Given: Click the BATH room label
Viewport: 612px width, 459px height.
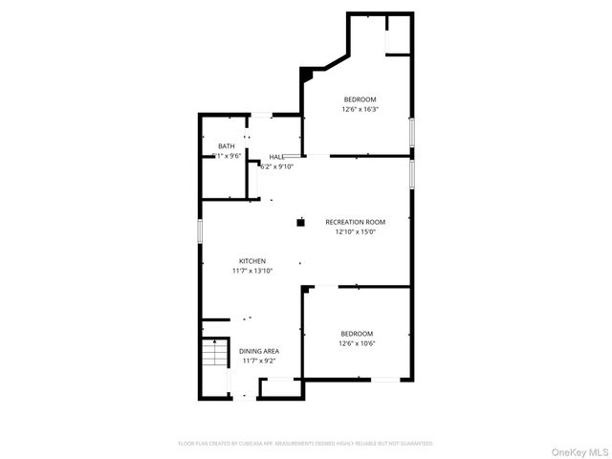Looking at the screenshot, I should coord(226,146).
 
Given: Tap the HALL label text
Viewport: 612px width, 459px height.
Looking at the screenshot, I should coord(276,157).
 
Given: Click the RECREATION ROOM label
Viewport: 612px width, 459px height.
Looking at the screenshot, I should coord(355,222).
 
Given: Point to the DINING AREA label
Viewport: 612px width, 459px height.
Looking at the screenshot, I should coord(259,351).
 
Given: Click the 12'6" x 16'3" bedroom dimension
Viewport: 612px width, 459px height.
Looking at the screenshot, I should coord(361,109).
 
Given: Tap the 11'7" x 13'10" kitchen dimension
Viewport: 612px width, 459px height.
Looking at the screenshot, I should coord(252,271).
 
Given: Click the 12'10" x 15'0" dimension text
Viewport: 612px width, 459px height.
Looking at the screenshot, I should coord(355,231).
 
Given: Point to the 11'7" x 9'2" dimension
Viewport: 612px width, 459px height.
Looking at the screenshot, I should coord(259,361).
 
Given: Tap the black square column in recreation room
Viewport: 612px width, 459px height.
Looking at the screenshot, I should coord(299,222).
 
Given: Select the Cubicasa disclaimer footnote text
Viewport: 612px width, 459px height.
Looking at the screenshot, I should coord(306,443).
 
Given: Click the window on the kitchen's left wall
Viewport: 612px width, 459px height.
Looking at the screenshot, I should coord(200,230).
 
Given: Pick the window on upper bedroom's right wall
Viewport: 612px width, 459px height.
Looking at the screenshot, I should coord(411,130).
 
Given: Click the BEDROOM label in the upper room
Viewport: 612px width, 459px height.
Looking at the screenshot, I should coord(361,99).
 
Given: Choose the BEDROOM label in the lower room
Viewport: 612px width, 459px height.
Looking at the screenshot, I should coord(357,333).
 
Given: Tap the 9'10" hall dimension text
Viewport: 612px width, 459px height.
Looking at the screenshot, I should coord(276,166).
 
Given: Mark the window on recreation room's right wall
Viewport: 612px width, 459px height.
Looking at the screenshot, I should coord(411,174).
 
